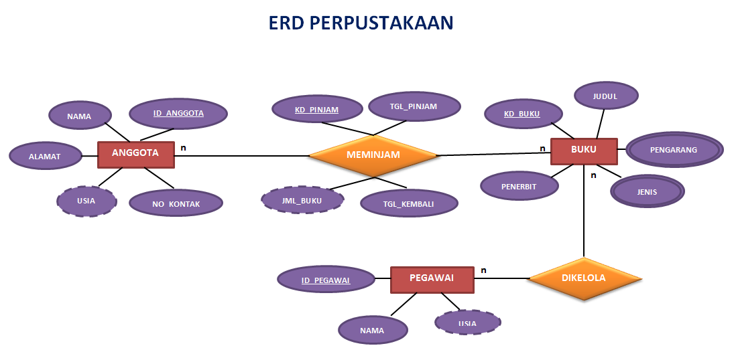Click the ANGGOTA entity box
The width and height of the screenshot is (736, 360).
point(135,154)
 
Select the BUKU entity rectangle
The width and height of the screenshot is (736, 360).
point(583,151)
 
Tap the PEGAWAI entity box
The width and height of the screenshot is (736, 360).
point(432,278)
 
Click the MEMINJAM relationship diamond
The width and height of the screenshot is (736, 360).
point(373,155)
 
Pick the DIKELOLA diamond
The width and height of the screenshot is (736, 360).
point(584,278)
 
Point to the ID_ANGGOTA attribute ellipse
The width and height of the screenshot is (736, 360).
point(178,114)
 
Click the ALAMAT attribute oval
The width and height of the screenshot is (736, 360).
point(44,157)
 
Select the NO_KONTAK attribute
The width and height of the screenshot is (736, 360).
point(175,203)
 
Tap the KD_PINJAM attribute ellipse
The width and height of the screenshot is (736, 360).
point(316,109)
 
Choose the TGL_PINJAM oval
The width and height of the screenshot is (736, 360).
point(414,106)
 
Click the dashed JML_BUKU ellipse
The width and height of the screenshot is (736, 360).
point(302,199)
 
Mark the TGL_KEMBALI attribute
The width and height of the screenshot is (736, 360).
point(409,203)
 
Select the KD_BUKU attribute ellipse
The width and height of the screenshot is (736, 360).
point(522,114)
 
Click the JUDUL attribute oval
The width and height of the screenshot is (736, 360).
point(605,96)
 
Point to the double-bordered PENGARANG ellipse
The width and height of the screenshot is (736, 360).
point(674,150)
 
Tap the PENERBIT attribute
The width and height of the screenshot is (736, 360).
point(519,187)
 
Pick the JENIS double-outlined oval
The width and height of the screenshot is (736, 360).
point(647,192)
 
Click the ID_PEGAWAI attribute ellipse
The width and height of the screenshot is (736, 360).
point(326,280)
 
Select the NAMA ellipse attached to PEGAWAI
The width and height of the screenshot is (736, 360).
point(372,330)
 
